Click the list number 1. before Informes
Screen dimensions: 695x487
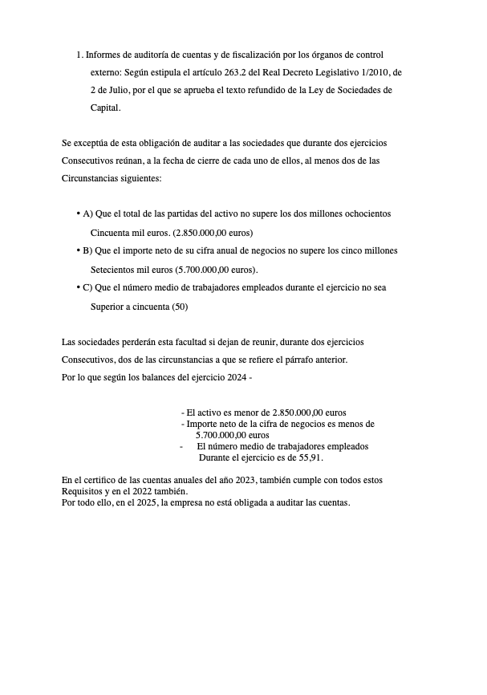click(x=80, y=55)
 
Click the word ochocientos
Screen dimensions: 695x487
click(x=363, y=213)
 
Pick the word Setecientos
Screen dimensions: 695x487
click(x=114, y=270)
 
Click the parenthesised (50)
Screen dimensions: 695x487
click(x=181, y=307)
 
